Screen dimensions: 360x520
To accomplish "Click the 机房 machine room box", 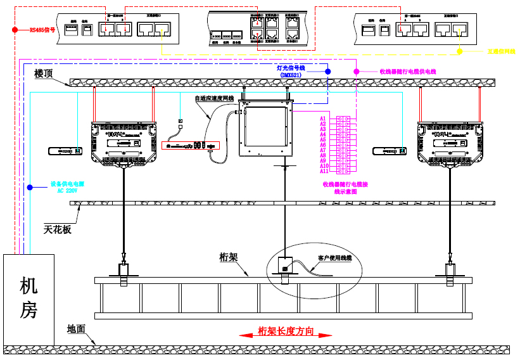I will (29, 298).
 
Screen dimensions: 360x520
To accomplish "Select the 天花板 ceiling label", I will (58, 229).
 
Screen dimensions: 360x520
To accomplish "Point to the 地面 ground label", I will (76, 329).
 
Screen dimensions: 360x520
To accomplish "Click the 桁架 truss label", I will (228, 257).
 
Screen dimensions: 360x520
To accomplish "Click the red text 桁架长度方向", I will (286, 331).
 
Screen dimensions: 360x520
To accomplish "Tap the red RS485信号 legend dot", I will (15, 29).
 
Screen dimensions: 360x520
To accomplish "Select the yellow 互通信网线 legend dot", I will (460, 51).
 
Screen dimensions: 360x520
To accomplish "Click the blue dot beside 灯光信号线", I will (327, 72).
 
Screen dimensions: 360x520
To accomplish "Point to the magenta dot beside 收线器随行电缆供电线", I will (356, 72).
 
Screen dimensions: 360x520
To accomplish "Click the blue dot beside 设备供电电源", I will (30, 186).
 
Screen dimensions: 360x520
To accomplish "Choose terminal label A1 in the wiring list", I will (323, 119).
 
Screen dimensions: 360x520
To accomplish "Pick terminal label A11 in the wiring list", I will (324, 171).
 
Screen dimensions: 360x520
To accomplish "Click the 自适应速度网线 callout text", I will (214, 98).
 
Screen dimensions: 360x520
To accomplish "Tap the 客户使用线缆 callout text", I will (335, 258).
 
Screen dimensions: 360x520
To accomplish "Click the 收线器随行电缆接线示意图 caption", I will (345, 188).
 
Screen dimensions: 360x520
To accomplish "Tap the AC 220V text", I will (67, 190).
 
